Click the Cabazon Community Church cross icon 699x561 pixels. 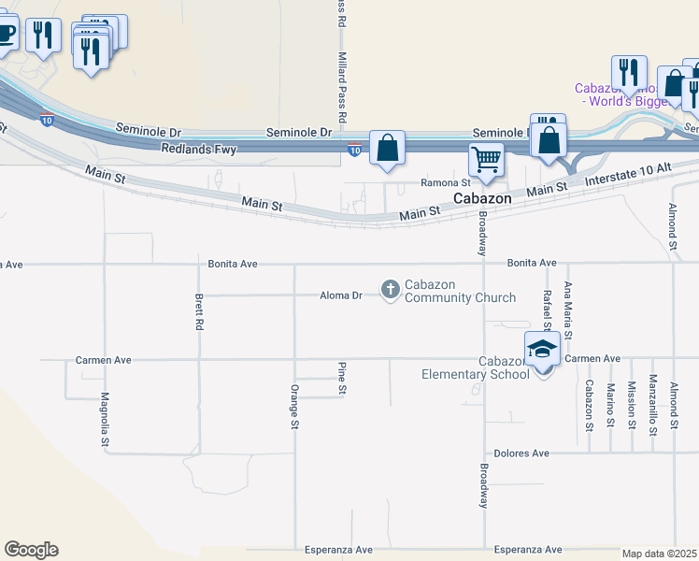[x=391, y=291]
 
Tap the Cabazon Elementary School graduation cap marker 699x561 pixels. [x=543, y=351]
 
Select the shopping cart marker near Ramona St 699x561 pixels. [x=486, y=160]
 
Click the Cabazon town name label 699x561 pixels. [x=481, y=199]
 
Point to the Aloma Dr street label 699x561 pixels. [x=341, y=295]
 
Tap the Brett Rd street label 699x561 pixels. [x=199, y=313]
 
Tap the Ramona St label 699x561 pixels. [x=445, y=183]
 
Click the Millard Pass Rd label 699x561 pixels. [x=341, y=84]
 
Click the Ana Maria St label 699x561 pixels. [x=567, y=309]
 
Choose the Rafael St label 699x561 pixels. [x=547, y=309]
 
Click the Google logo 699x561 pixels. [x=31, y=550]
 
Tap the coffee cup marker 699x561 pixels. [x=5, y=35]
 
